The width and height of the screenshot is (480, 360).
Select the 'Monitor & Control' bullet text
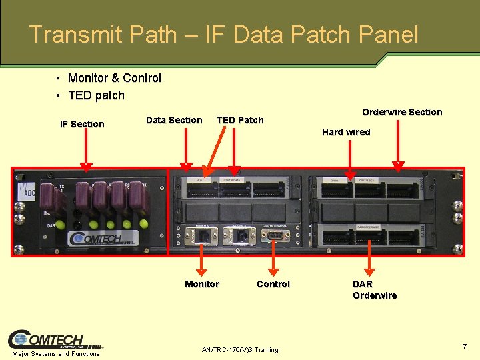click(x=114, y=78)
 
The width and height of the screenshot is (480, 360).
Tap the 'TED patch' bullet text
click(x=96, y=95)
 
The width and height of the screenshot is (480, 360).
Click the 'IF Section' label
click(x=82, y=124)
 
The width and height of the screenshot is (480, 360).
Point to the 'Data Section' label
click(x=174, y=120)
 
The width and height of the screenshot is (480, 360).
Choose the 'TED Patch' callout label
click(x=240, y=120)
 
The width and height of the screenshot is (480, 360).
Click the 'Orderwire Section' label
click(x=402, y=112)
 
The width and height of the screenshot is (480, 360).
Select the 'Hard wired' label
click(x=346, y=132)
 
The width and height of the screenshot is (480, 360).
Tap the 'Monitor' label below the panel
click(x=201, y=284)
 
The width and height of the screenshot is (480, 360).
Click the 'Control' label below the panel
click(x=273, y=284)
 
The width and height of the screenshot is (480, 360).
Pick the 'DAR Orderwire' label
click(x=374, y=289)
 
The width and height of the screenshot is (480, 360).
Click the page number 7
click(x=465, y=346)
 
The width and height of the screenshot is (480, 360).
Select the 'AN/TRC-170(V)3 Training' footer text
click(x=240, y=350)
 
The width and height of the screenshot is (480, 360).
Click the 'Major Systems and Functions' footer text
click(x=56, y=353)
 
